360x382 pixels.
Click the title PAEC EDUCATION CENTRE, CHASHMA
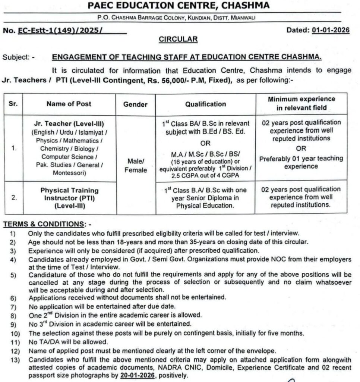point(179,6)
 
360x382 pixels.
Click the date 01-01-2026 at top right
point(331,31)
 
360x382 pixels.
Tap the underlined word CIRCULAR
point(178,39)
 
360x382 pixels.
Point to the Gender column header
point(135,104)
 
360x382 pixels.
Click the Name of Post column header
point(69,104)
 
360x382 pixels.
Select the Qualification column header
point(205,104)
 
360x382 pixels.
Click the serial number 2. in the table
point(14,198)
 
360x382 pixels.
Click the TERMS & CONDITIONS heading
point(43,224)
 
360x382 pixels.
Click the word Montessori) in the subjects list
point(69,173)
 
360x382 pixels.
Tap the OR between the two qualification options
point(205,143)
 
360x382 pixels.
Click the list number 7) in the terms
point(13,307)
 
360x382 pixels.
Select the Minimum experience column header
point(301,103)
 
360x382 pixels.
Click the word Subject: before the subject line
point(18,57)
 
